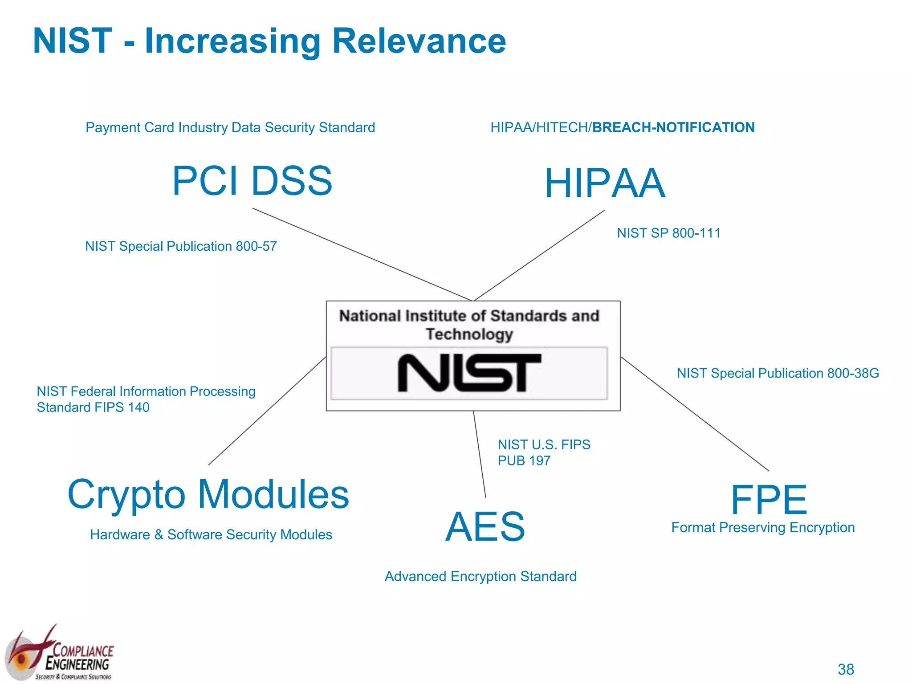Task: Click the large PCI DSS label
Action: [x=252, y=181]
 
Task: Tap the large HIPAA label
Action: [x=605, y=183]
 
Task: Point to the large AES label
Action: [x=485, y=527]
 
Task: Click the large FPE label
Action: [x=769, y=500]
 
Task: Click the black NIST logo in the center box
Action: [x=469, y=373]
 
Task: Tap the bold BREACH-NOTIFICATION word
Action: [x=673, y=127]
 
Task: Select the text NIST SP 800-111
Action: [x=668, y=233]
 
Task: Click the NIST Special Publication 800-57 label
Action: [x=181, y=246]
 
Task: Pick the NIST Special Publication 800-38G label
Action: [x=778, y=373]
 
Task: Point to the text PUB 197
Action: [x=524, y=460]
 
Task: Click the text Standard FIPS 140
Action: [x=93, y=407]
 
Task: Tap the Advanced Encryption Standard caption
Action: [x=480, y=576]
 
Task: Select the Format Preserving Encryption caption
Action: [x=763, y=527]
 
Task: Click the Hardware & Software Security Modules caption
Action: [x=211, y=534]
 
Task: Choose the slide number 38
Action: [x=846, y=669]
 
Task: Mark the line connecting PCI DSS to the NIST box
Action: [x=362, y=254]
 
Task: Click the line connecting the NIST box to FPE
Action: [x=695, y=414]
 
